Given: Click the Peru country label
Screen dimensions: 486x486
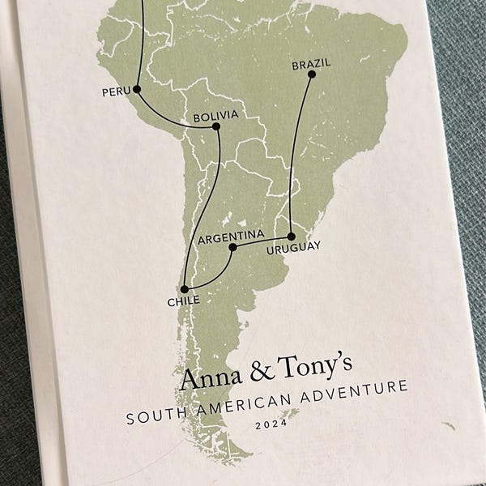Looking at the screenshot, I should click(x=116, y=92).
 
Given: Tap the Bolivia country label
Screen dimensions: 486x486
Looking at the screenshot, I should click(x=215, y=116).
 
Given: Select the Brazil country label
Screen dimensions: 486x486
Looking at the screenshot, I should click(x=312, y=63).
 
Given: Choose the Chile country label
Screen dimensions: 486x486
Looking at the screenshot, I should click(x=183, y=301).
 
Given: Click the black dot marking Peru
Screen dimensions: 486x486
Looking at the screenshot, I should click(x=137, y=89).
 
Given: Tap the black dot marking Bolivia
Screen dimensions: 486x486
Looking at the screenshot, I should click(x=216, y=126).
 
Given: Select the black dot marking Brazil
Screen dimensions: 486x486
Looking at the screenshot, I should click(x=312, y=75).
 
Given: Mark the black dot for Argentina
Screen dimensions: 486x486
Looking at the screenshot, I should click(x=232, y=247).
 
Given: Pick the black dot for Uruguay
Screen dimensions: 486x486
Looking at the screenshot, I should click(x=291, y=237).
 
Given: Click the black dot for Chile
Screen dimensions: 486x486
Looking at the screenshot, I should click(x=185, y=289).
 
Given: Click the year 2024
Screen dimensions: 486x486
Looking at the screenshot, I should click(x=271, y=424).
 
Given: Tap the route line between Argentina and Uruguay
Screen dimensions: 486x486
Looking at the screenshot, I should click(x=262, y=241).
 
